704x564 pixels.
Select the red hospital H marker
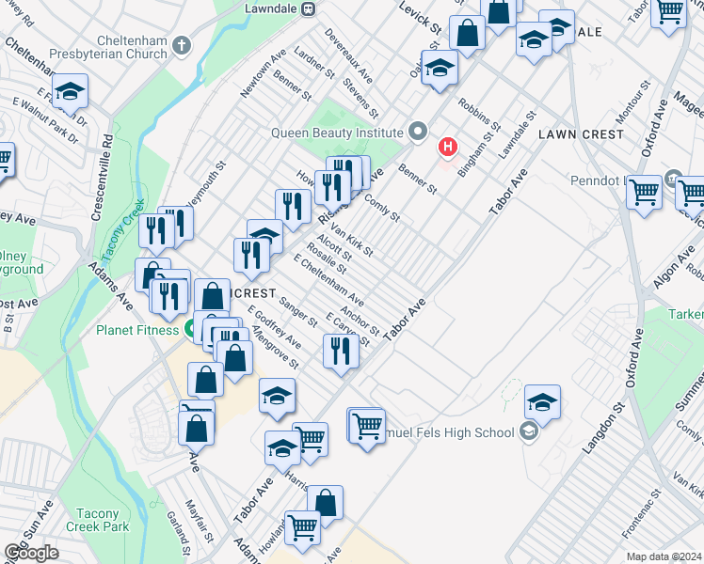[448, 149]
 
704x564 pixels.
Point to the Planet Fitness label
[137, 330]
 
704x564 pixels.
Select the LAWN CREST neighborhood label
[581, 134]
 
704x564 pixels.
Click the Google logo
[31, 553]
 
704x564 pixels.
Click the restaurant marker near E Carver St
[340, 351]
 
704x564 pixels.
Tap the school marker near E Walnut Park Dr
[70, 91]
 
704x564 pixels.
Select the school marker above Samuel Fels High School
[542, 401]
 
